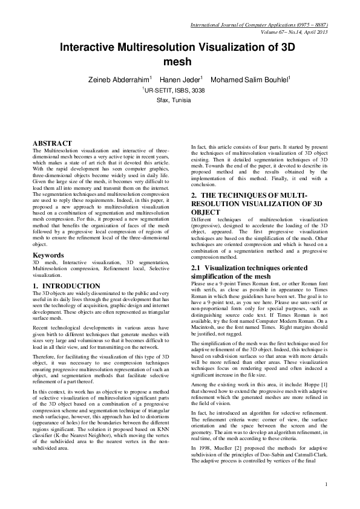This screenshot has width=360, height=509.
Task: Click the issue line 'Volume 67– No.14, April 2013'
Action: coord(293,31)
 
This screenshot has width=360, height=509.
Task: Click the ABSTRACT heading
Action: coord(52,143)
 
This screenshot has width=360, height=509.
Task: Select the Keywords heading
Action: coord(49,255)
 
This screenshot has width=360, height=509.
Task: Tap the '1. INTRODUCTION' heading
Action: coord(67,285)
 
